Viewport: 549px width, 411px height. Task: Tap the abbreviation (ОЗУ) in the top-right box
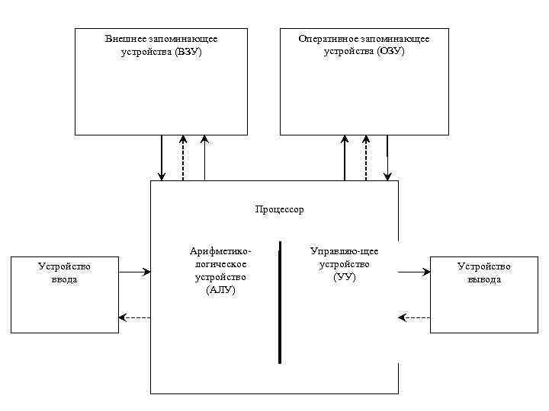click(x=390, y=52)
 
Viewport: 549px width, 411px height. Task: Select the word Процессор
click(x=278, y=209)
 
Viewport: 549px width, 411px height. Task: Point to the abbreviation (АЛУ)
click(x=221, y=290)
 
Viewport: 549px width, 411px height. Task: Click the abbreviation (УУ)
click(x=345, y=276)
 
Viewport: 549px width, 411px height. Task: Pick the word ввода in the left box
click(x=65, y=279)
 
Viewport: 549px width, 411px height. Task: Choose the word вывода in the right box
click(x=484, y=279)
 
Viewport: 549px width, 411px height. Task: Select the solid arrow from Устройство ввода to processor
click(x=136, y=271)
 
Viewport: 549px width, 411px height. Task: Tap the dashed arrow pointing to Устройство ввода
click(x=136, y=317)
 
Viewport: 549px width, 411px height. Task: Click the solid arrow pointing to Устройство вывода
click(x=414, y=271)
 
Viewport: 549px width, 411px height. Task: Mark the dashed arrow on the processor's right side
click(x=414, y=317)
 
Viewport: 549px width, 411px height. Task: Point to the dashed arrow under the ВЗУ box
click(x=183, y=158)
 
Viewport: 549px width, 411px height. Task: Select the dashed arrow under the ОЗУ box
click(x=366, y=158)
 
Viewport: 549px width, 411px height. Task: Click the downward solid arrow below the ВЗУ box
click(x=162, y=158)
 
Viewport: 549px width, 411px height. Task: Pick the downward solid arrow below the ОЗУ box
click(x=387, y=158)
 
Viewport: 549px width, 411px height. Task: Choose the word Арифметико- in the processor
click(x=220, y=250)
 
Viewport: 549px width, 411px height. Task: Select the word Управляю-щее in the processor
click(x=345, y=250)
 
